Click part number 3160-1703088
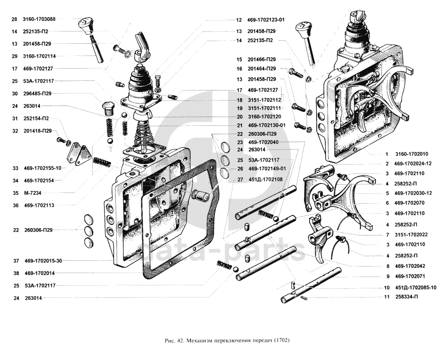click(39, 19)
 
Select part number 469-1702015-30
click(44, 261)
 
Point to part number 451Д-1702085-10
click(416, 288)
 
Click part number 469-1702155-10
click(42, 168)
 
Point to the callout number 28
click(14, 19)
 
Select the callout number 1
click(386, 154)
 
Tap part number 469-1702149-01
click(267, 169)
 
